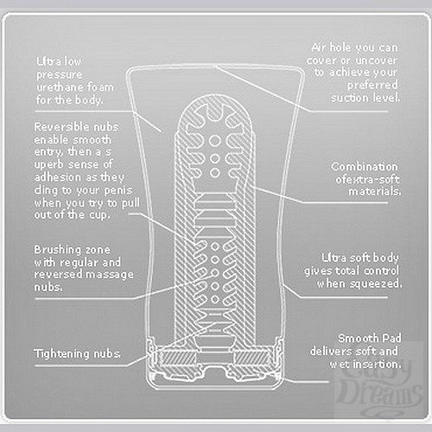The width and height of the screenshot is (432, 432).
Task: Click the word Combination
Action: [364, 166]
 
